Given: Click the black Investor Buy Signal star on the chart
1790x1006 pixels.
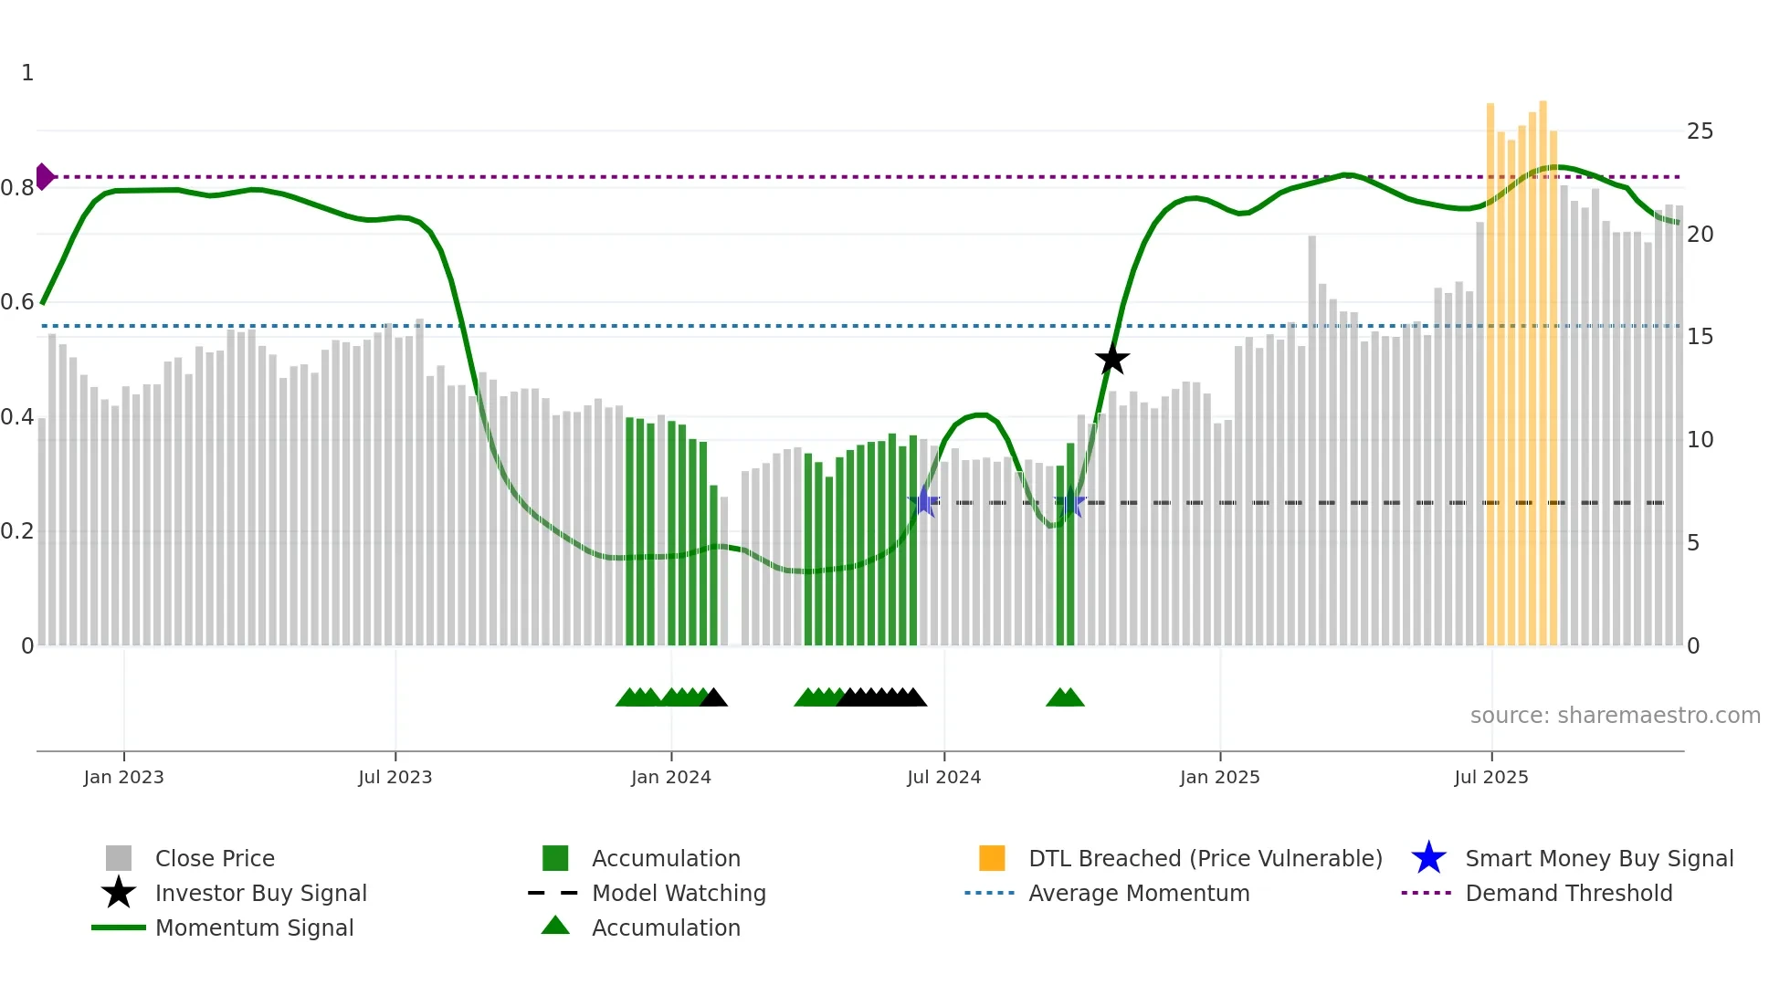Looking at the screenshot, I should (1111, 360).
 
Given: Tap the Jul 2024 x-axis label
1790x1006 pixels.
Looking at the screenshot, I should (943, 777).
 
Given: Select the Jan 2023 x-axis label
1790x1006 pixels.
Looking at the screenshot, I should (123, 777).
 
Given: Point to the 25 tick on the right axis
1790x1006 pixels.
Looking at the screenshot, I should (1700, 131).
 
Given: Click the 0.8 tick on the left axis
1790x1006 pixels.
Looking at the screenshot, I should (17, 188).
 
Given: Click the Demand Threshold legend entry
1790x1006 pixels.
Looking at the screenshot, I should (1568, 893).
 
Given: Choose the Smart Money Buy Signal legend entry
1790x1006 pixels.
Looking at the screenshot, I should (1598, 858).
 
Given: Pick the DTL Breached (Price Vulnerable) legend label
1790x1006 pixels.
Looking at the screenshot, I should (1205, 858).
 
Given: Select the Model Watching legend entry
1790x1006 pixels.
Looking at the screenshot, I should (678, 893).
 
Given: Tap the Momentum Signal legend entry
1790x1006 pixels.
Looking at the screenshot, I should (254, 927).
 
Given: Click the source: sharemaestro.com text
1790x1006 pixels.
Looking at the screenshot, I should (1615, 715).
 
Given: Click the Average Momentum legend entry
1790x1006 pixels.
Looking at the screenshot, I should (1138, 893).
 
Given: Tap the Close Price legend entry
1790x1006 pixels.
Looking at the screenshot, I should (214, 858).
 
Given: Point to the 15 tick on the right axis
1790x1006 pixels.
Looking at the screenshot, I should (1700, 337).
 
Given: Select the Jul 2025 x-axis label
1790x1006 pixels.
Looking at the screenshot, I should (1490, 777).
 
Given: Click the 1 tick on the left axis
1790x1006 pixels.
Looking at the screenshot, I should (27, 73).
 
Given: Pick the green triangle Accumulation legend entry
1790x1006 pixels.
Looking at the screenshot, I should (665, 927).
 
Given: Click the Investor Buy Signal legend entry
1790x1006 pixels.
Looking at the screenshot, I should (260, 893).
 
